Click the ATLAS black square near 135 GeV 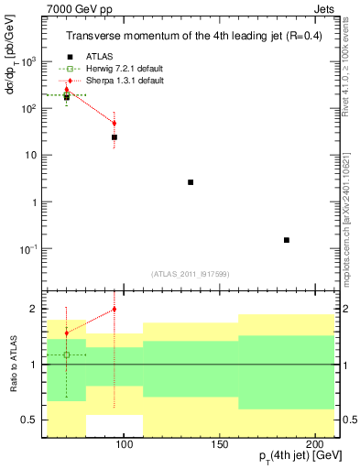pyautogui.click(x=191, y=182)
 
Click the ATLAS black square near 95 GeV pyautogui.click(x=114, y=137)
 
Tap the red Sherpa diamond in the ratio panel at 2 pyautogui.click(x=114, y=309)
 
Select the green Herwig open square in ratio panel pyautogui.click(x=66, y=354)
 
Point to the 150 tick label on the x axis pyautogui.click(x=219, y=443)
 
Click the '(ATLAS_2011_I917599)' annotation pyautogui.click(x=189, y=273)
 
